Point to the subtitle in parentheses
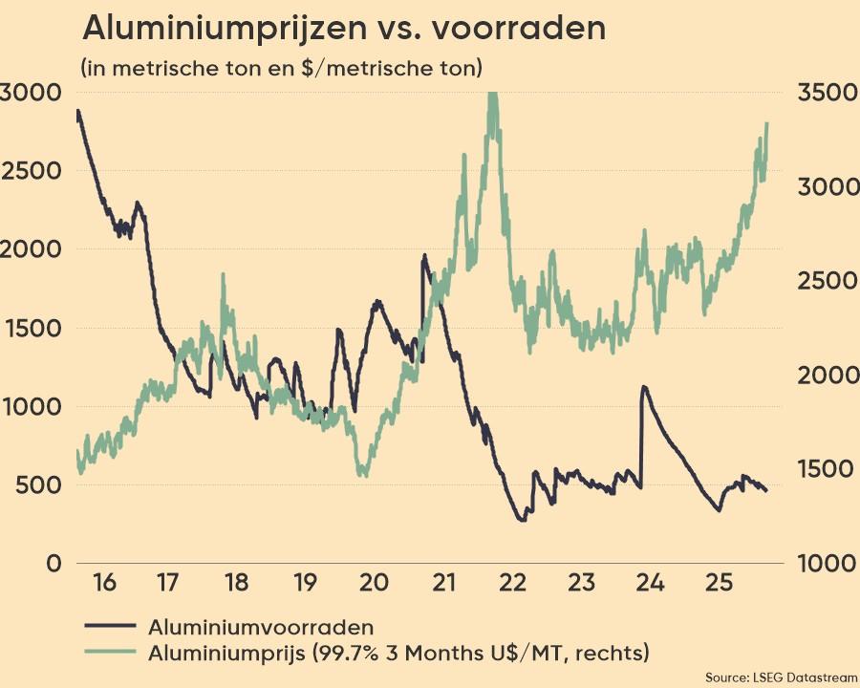pos(282,68)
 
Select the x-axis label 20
pos(374,582)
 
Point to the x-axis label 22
pos(512,582)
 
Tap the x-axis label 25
pos(719,582)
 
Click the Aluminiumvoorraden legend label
pos(260,627)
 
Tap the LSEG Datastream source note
pos(782,677)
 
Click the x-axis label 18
pos(237,582)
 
